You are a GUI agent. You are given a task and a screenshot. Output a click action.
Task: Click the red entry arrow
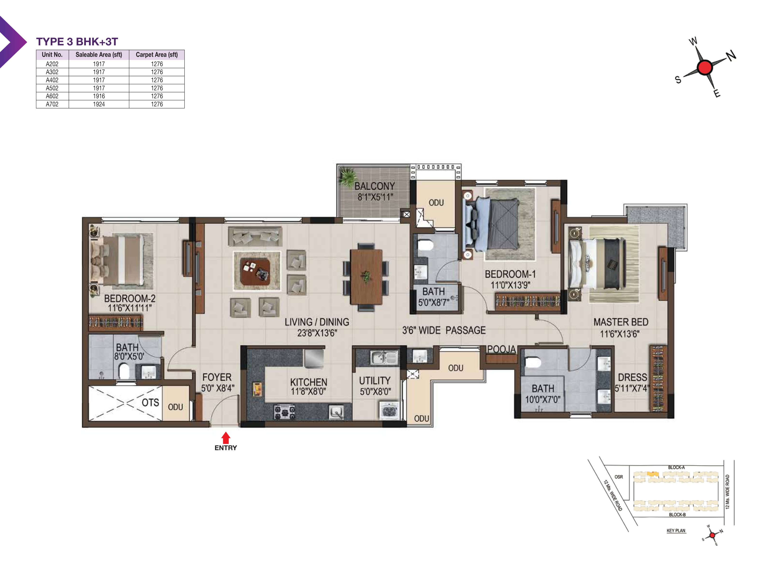click(x=226, y=438)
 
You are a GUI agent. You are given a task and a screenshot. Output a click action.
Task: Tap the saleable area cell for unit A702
click(x=99, y=104)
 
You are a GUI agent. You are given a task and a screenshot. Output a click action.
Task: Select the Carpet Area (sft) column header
click(x=157, y=55)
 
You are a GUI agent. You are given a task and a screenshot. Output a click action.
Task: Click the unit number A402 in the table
click(x=52, y=80)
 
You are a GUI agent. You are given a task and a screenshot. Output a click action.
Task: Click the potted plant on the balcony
click(x=347, y=177)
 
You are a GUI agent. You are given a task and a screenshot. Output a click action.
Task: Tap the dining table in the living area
click(x=366, y=277)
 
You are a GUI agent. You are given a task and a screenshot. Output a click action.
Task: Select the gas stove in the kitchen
click(x=284, y=412)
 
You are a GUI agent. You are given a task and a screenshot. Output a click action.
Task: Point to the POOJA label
click(x=501, y=349)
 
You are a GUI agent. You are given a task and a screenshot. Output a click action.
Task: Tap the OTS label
click(x=150, y=402)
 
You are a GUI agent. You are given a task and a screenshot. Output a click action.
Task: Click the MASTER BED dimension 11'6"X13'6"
click(x=620, y=334)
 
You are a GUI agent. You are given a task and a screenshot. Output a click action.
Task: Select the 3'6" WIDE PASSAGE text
click(x=444, y=330)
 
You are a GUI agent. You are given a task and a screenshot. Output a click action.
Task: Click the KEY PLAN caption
click(x=676, y=531)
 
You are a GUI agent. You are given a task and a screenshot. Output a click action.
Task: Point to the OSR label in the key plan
click(x=618, y=477)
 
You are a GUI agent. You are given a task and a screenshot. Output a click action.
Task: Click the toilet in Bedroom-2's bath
click(x=124, y=371)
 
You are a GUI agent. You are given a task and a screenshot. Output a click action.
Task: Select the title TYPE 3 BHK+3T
click(x=77, y=41)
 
